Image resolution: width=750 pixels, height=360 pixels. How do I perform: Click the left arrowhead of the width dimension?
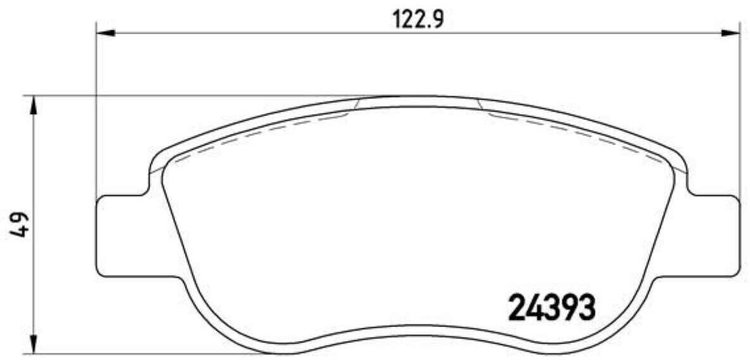[x=106, y=33]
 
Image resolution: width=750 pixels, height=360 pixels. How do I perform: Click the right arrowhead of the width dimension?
[x=730, y=33]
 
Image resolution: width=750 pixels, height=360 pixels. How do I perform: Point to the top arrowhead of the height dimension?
[x=33, y=105]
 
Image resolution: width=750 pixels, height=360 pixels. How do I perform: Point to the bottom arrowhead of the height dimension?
[x=33, y=345]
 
